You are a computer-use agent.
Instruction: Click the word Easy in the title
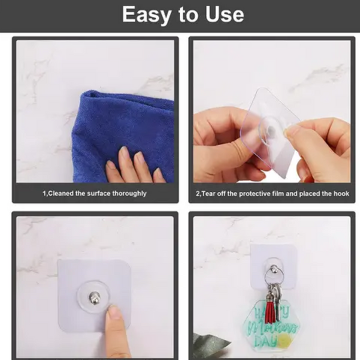click(147, 15)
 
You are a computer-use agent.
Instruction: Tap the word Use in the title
click(224, 14)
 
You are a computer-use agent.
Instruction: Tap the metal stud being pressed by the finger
click(94, 298)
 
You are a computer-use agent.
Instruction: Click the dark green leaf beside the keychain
click(209, 345)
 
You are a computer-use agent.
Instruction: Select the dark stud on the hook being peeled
click(272, 131)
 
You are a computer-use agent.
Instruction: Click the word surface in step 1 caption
click(98, 194)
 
